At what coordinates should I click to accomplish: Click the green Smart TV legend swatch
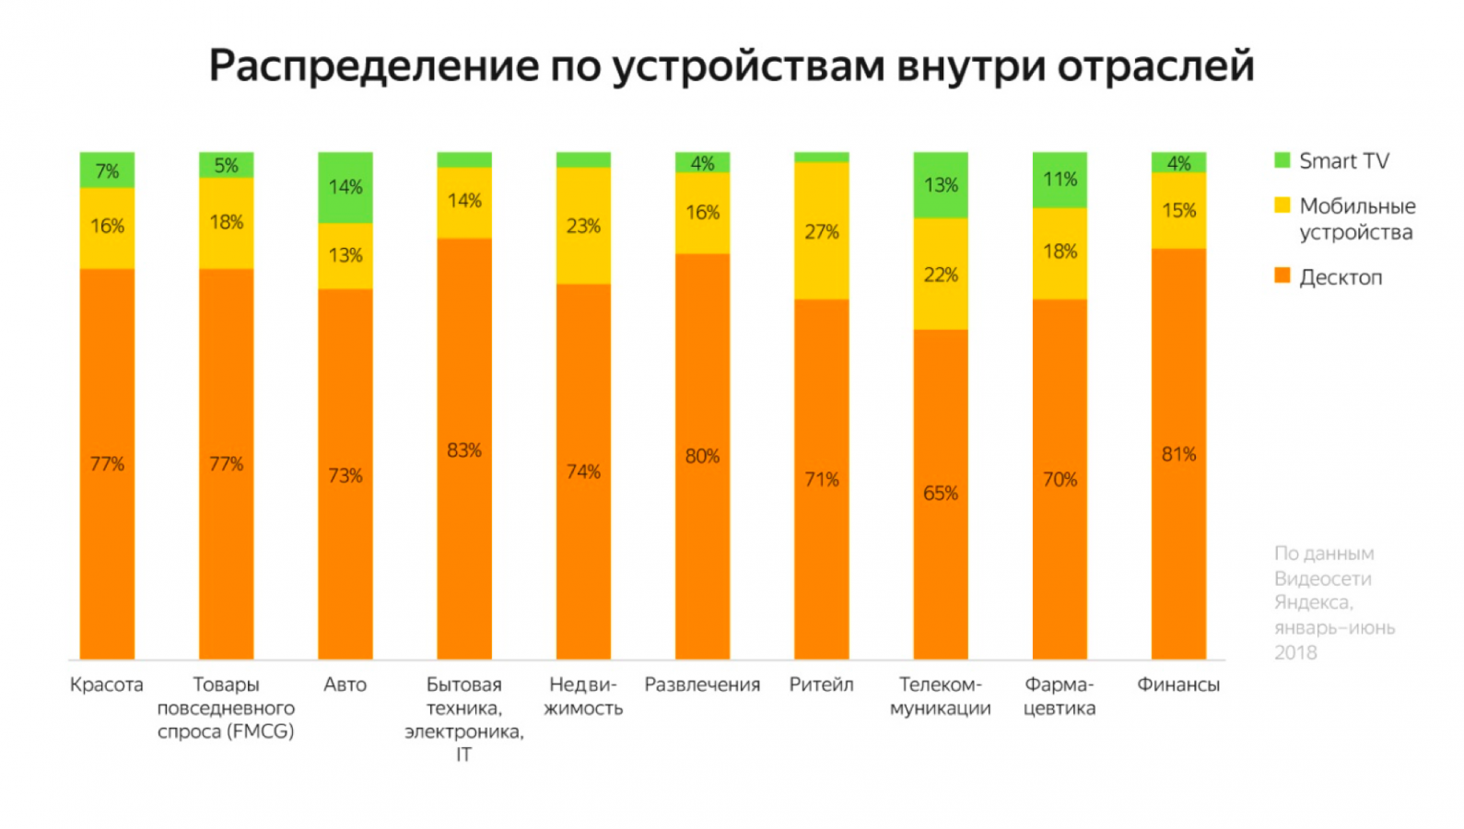coord(1282,160)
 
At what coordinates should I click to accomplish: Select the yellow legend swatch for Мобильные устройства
coord(1282,204)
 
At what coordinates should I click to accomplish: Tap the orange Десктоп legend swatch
coord(1282,275)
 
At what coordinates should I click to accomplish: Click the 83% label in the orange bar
coord(464,450)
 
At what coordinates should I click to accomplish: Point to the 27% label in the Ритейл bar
coord(821,232)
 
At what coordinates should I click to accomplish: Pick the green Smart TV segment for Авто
coord(346,187)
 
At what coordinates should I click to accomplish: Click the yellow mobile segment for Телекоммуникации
coord(941,274)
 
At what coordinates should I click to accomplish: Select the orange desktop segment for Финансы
coord(1178,453)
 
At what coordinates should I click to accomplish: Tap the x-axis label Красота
coord(107,684)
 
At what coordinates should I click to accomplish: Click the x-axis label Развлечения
coord(702,684)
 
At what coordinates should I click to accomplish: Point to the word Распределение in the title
coord(373,66)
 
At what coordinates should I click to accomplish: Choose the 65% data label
coord(941,494)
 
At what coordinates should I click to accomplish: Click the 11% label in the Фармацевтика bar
coord(1060,179)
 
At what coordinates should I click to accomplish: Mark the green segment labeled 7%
coord(107,170)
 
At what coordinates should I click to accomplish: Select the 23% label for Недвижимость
coord(583,226)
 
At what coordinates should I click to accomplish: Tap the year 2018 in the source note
coord(1295,652)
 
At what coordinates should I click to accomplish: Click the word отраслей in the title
coord(1155,66)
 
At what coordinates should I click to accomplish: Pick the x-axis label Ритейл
coord(821,684)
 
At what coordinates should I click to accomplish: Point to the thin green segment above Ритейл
coord(821,157)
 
